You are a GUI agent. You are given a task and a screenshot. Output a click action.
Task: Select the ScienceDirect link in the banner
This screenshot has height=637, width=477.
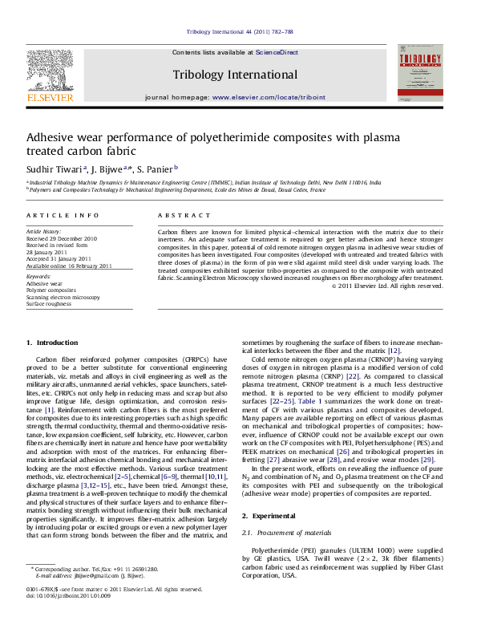pos(277,52)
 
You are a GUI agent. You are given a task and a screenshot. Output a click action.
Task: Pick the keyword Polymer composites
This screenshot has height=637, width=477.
pos(51,290)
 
